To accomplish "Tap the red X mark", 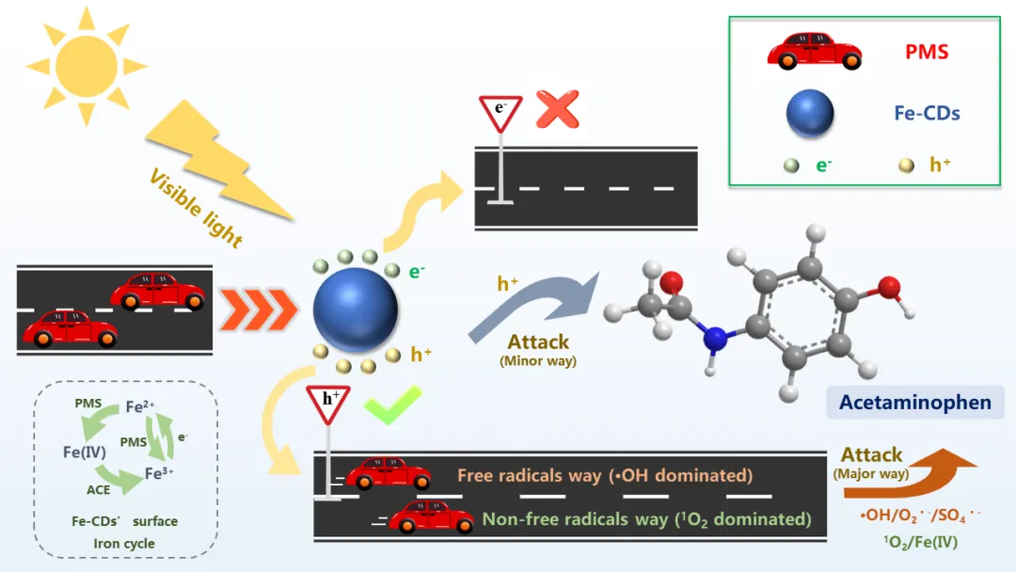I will pos(557,109).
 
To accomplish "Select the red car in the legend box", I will pos(814,52).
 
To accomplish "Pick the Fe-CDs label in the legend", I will pos(927,114).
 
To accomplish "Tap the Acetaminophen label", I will pos(914,403).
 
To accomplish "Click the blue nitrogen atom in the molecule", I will pos(716,338).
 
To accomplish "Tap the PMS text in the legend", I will pos(927,53).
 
